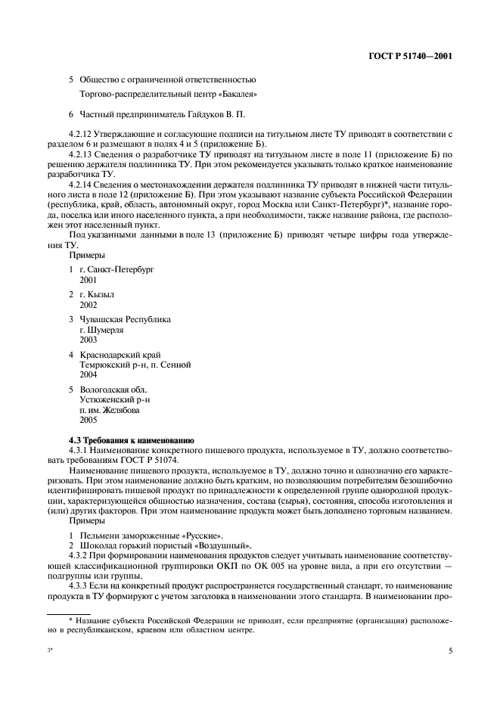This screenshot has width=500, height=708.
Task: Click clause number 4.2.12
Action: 81,134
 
